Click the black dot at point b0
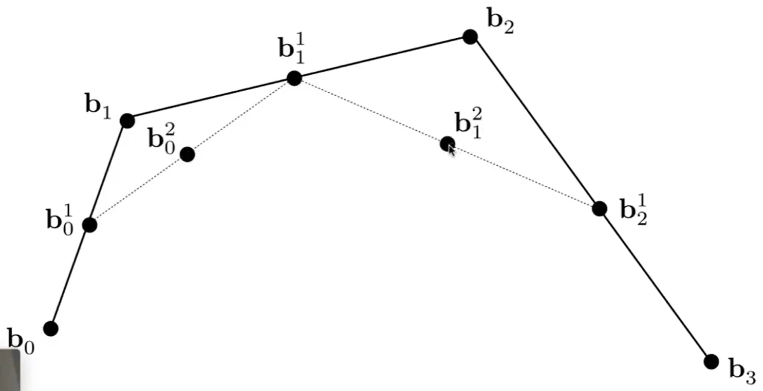[x=51, y=328]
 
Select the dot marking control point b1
[x=127, y=120]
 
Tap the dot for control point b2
[x=470, y=37]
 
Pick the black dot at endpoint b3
[x=712, y=361]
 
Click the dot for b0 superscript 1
[x=90, y=225]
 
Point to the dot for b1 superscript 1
[x=294, y=78]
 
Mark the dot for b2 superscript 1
[x=600, y=208]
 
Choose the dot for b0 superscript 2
[x=187, y=154]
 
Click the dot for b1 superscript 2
[x=447, y=144]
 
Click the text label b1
[x=98, y=105]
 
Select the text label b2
[x=501, y=20]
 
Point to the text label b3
[x=741, y=368]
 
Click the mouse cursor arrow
[x=452, y=150]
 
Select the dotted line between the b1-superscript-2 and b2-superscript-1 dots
[x=523, y=176]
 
